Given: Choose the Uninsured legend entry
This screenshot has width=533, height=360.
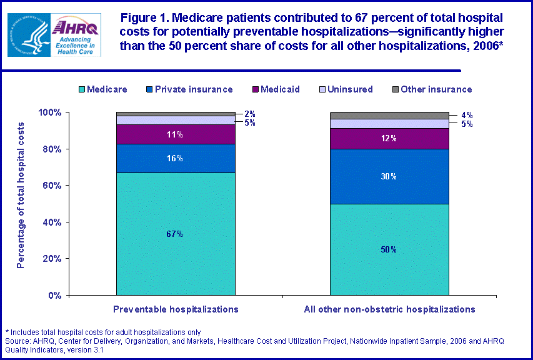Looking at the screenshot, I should pyautogui.click(x=344, y=89).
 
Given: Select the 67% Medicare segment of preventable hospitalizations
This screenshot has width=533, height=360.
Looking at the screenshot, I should pyautogui.click(x=176, y=234).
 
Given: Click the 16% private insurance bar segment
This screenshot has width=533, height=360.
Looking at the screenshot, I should pyautogui.click(x=176, y=159).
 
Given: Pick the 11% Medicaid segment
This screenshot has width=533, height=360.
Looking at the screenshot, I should pyautogui.click(x=176, y=134).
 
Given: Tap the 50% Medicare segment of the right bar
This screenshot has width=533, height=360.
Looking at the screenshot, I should pyautogui.click(x=389, y=249).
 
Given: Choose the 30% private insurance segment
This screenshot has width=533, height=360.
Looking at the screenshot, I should pyautogui.click(x=389, y=176).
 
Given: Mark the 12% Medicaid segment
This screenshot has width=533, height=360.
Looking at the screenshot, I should pyautogui.click(x=389, y=138).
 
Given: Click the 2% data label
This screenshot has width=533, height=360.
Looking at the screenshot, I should pyautogui.click(x=249, y=114).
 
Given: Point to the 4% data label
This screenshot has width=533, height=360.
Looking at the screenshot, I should pyautogui.click(x=466, y=115).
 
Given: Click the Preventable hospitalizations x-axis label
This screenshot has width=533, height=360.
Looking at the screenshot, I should pyautogui.click(x=176, y=309).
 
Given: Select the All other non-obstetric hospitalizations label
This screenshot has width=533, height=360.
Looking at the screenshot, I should pyautogui.click(x=389, y=309).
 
